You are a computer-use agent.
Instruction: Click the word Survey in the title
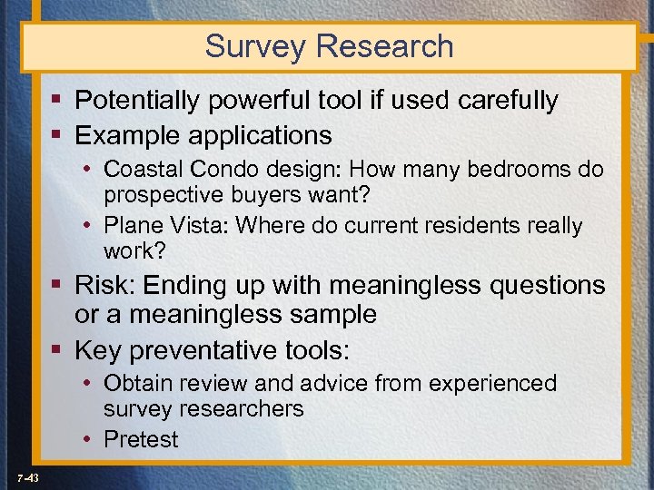[x=255, y=46]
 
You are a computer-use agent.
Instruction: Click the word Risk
[x=106, y=285]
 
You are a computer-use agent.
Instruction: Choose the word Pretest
[x=142, y=439]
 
